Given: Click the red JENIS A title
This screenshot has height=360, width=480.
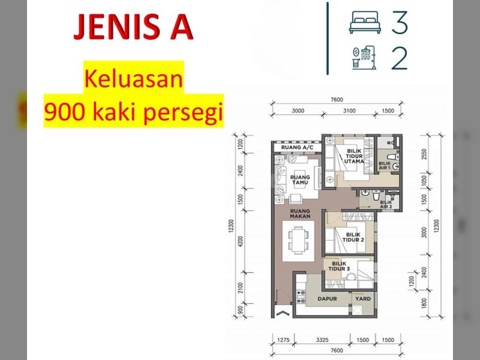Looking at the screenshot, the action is point(133,27).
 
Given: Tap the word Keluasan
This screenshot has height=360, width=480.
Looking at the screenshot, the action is point(133,79).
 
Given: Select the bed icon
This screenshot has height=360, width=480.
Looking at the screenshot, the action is point(365,22).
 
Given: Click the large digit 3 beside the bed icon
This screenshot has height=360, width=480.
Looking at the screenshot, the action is point(400,22).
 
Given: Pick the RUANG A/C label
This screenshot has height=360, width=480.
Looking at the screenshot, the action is point(297,148).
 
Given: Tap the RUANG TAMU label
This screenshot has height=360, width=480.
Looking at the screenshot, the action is point(300,179).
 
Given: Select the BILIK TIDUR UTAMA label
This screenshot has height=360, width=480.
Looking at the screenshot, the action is point(354,156).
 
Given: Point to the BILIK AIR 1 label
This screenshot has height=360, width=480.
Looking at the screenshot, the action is point(385,166).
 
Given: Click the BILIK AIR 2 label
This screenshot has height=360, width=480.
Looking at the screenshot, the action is point(386,204).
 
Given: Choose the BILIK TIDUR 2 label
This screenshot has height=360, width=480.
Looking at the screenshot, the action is point(353,237).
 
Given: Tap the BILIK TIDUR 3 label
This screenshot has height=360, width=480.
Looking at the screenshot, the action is point(339,266).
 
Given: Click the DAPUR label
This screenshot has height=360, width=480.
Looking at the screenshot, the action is point(327,299).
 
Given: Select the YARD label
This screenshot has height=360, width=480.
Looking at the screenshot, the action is point(363,298).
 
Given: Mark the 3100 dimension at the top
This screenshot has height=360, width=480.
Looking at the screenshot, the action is point(349,111).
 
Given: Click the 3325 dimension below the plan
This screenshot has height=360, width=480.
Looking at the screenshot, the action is point(322,340).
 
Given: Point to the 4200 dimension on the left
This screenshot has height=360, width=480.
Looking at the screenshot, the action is point(241,242).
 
